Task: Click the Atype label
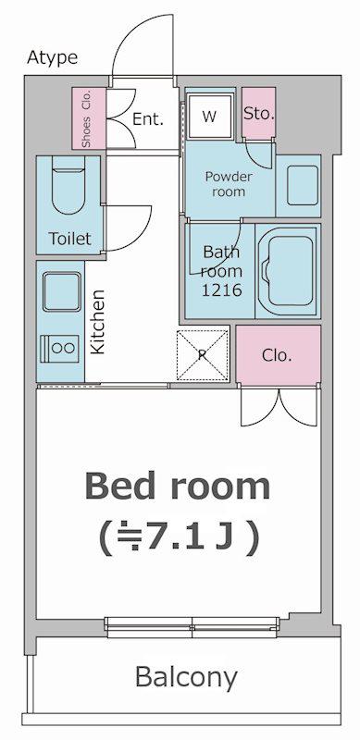[x=53, y=57]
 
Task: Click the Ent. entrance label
[x=148, y=119]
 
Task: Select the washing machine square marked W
[x=210, y=117]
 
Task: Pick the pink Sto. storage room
[x=259, y=113]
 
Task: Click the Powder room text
[x=229, y=184]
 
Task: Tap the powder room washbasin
[x=303, y=186]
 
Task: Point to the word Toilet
[x=70, y=239]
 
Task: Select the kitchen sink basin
[x=62, y=291]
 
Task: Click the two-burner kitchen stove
[x=59, y=349]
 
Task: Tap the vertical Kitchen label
[x=97, y=322]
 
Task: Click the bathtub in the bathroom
[x=288, y=271]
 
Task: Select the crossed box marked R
[x=204, y=355]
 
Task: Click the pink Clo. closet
[x=279, y=355]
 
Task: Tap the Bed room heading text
[x=178, y=487]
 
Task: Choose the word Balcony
[x=186, y=678]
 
